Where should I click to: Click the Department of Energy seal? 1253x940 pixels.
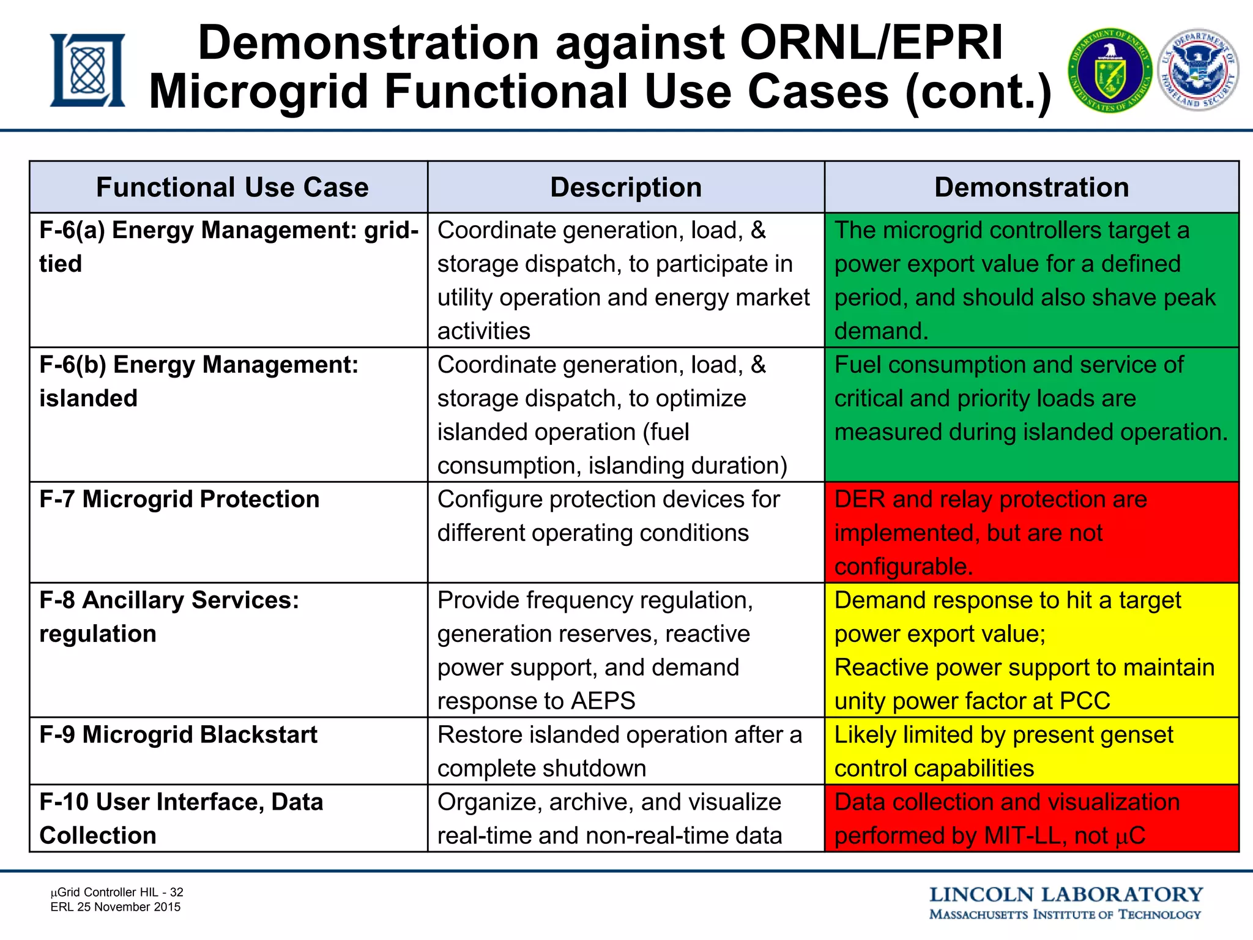click(1110, 72)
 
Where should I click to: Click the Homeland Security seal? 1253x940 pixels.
click(1199, 70)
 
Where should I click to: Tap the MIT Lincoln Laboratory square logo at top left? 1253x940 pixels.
click(87, 70)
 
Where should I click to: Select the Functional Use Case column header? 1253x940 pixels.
click(232, 187)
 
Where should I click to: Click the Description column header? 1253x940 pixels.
click(625, 187)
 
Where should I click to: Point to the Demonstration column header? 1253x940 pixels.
click(1031, 187)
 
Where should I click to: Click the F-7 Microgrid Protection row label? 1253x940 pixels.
click(179, 499)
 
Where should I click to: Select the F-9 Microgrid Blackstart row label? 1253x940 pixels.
click(178, 735)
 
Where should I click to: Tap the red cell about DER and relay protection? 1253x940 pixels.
click(1031, 532)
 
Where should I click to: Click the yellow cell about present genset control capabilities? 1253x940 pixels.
click(1031, 752)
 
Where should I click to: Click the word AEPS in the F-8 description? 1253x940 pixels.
click(603, 701)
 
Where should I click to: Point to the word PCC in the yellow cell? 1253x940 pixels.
click(1084, 701)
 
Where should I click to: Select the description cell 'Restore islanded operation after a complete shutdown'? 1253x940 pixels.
click(625, 752)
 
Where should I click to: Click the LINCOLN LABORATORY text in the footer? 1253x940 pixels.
click(1066, 895)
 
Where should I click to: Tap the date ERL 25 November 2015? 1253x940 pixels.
click(116, 907)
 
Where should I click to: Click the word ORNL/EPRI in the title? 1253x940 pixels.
click(871, 43)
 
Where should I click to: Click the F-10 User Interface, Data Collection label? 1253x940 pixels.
click(181, 819)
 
